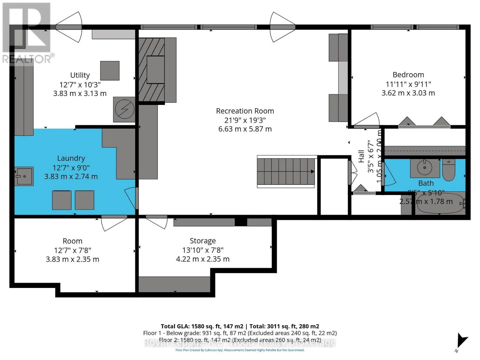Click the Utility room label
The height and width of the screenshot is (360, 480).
tap(80, 75)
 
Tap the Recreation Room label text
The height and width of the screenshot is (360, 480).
tap(245, 111)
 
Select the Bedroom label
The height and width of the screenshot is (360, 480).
tap(408, 75)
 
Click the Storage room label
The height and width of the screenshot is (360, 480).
tap(202, 241)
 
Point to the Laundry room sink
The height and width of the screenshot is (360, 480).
tap(24, 176)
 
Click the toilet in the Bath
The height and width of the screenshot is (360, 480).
tap(449, 170)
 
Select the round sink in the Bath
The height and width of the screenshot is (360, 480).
tap(424, 168)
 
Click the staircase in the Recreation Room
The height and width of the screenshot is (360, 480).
tap(286, 172)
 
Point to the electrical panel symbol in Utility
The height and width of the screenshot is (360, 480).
tap(124, 109)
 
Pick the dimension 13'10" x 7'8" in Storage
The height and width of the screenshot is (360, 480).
tap(202, 250)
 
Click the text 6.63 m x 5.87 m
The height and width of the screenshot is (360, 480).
tap(245, 129)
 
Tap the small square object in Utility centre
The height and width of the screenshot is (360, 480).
tap(109, 70)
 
